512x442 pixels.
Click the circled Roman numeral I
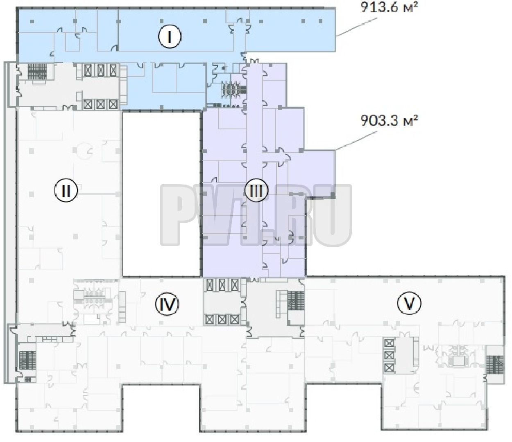tap(170, 36)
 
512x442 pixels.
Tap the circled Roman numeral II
tap(66, 190)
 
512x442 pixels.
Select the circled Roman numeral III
tap(256, 190)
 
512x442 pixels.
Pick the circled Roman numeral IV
tap(167, 304)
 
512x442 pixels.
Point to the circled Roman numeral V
tap(409, 303)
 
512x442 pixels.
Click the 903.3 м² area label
tap(389, 120)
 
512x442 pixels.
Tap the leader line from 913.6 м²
tap(356, 27)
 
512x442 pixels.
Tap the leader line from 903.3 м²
tap(356, 141)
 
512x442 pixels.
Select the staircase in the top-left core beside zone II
tap(37, 71)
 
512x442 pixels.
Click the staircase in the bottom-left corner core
tap(27, 360)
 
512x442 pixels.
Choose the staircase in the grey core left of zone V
tap(296, 300)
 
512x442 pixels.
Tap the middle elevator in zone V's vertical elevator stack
tap(389, 356)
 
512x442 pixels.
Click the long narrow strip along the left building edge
tap(7, 223)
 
